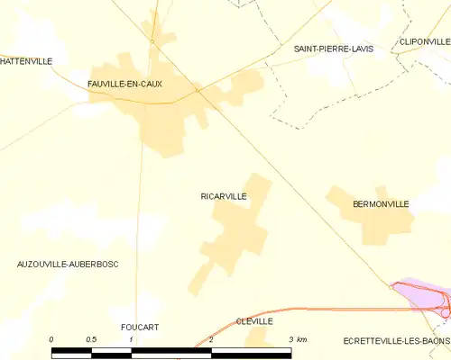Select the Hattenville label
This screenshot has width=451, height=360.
[25, 61]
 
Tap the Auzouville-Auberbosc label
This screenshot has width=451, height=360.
[68, 264]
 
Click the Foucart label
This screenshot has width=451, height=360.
[139, 327]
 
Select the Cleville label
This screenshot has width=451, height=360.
[254, 320]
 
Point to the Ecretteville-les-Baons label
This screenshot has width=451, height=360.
[395, 340]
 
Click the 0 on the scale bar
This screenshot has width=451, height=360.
[51, 339]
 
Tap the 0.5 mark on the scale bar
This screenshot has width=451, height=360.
[91, 339]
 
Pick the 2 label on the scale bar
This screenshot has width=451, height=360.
[210, 339]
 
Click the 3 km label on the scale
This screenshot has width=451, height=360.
[295, 339]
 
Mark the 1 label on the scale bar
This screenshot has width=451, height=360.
[131, 339]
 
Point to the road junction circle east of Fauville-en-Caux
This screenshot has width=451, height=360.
[198, 90]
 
